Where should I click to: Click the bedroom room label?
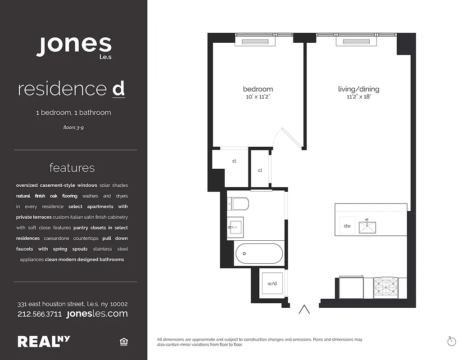[258, 89]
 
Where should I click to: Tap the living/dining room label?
[358, 89]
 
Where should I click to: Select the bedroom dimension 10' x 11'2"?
[258, 97]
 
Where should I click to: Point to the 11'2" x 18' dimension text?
[358, 97]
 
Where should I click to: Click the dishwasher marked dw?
[347, 226]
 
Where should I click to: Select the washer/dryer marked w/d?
[272, 283]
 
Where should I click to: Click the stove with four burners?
[386, 288]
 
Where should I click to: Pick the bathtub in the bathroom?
[259, 254]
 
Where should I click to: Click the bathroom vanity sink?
[235, 227]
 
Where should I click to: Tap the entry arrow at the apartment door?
[305, 310]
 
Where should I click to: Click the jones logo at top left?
[74, 46]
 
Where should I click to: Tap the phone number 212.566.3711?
[40, 314]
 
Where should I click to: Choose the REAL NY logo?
[44, 342]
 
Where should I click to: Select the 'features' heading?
[72, 168]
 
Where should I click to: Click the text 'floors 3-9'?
[74, 128]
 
